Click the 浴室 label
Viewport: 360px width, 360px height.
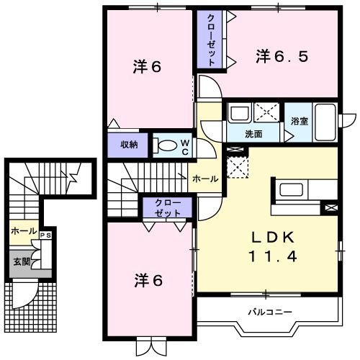tap(300, 121)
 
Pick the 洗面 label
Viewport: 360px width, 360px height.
tap(253, 134)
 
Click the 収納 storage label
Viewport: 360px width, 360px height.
tap(129, 145)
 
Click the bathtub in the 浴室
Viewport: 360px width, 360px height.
tap(325, 122)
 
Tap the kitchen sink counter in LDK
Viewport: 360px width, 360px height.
tap(292, 192)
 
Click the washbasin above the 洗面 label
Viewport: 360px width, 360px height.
tap(238, 113)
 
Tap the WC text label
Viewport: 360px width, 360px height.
tap(184, 145)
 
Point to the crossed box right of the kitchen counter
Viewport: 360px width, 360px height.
tap(330, 207)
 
